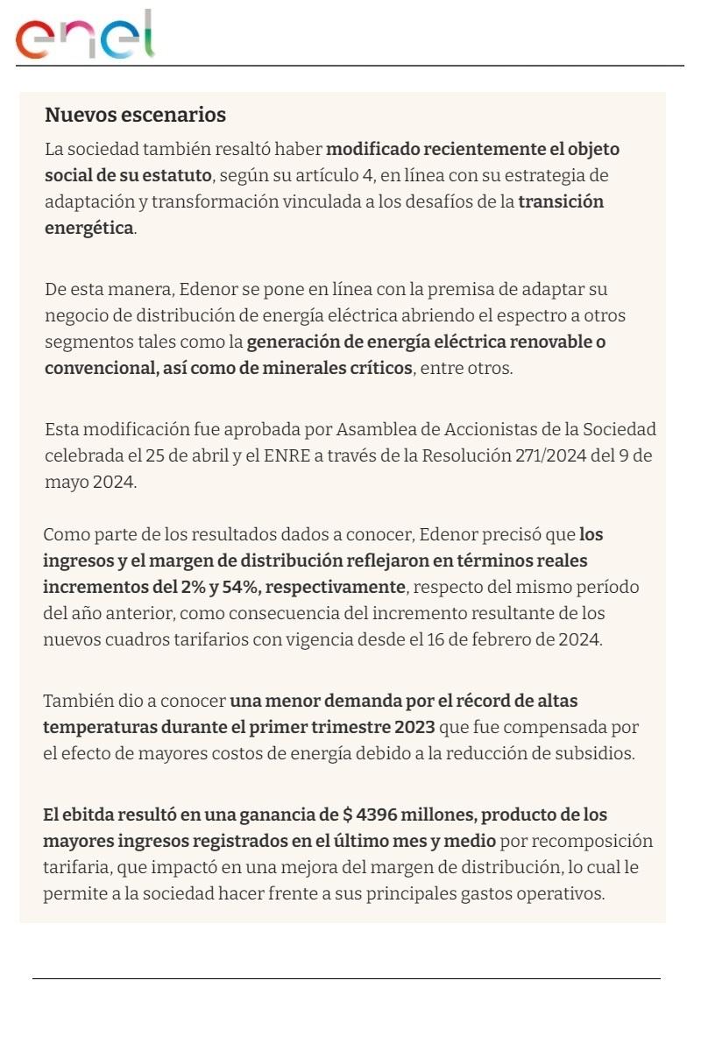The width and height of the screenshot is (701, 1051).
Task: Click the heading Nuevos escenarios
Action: (135, 115)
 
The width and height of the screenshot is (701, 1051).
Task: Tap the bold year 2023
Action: (414, 727)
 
